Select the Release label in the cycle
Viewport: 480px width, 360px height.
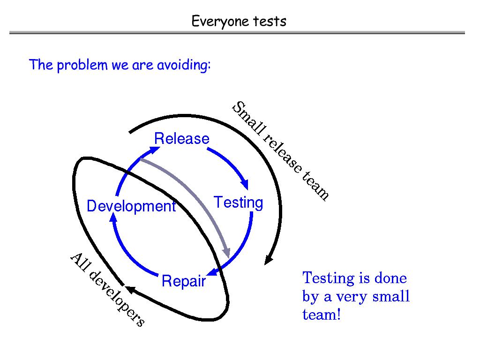(182, 139)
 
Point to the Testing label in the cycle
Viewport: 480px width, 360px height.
(238, 202)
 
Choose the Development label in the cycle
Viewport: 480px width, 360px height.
(131, 206)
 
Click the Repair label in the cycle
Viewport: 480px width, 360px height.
(184, 281)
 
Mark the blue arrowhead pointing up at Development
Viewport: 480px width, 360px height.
(113, 218)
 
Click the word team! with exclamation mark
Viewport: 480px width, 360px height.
(321, 315)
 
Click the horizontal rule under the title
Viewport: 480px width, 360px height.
(237, 33)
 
